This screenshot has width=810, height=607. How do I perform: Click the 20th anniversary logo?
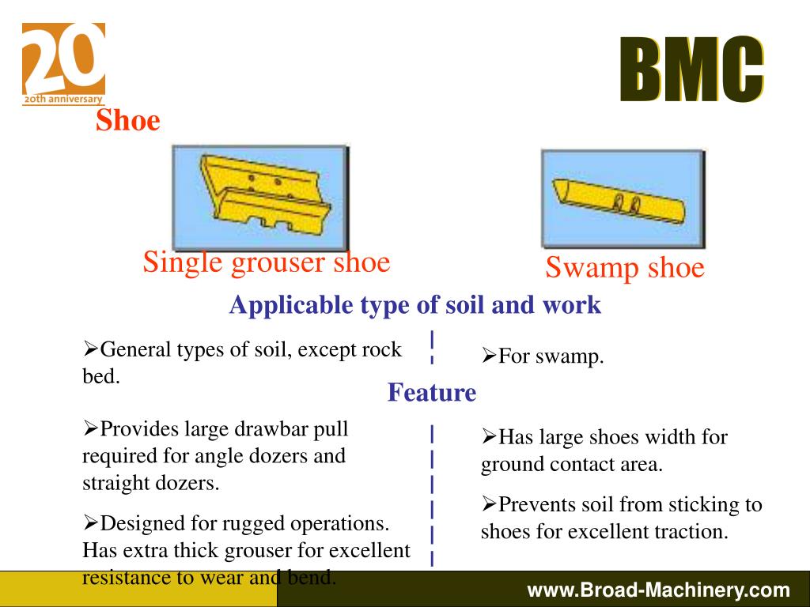pyautogui.click(x=63, y=64)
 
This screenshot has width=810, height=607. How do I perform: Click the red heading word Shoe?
pyautogui.click(x=128, y=121)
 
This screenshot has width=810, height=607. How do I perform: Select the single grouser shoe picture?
pyautogui.click(x=260, y=198)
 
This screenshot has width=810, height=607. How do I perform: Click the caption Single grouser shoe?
pyautogui.click(x=267, y=262)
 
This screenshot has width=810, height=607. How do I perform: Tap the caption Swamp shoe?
pyautogui.click(x=624, y=268)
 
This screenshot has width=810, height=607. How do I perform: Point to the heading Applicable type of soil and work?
pyautogui.click(x=415, y=305)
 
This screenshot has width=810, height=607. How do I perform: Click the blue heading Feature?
pyautogui.click(x=432, y=392)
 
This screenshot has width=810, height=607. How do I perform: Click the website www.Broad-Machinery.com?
pyautogui.click(x=659, y=590)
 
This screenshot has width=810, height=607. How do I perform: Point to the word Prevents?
pyautogui.click(x=540, y=505)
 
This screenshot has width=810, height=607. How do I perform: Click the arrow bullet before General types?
pyautogui.click(x=90, y=348)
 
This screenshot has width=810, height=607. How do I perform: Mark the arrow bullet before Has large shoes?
pyautogui.click(x=489, y=435)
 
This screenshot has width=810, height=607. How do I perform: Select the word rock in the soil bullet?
pyautogui.click(x=382, y=349)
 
